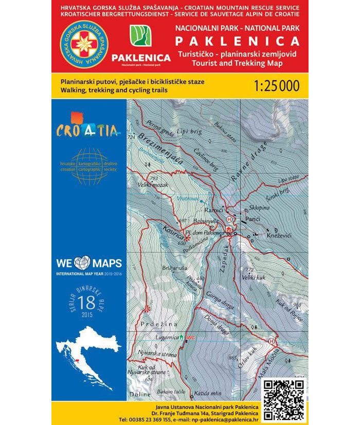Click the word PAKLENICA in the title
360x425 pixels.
238,41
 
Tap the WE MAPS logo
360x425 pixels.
88,264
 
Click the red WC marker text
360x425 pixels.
190,337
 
